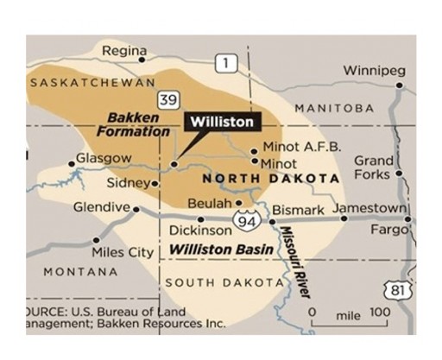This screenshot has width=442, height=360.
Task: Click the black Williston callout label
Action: [x=221, y=122]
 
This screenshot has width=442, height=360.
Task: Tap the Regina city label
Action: [x=123, y=51]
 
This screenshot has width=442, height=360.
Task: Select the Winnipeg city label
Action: [x=372, y=70]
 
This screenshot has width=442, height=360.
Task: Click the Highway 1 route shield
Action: [x=226, y=62]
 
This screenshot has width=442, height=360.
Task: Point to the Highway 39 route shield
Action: [x=169, y=99]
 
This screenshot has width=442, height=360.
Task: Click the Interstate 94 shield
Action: [x=248, y=221]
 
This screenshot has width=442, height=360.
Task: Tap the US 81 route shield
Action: [x=397, y=290]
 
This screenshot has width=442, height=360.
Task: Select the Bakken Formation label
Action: [x=138, y=124]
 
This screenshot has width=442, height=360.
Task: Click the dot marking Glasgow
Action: [x=72, y=163]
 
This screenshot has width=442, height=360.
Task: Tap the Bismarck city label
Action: [x=298, y=210]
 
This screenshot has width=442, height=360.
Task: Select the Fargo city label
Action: [x=388, y=231]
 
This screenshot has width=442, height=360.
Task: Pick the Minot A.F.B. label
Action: [x=295, y=147]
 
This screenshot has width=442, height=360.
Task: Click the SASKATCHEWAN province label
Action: [x=92, y=82]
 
